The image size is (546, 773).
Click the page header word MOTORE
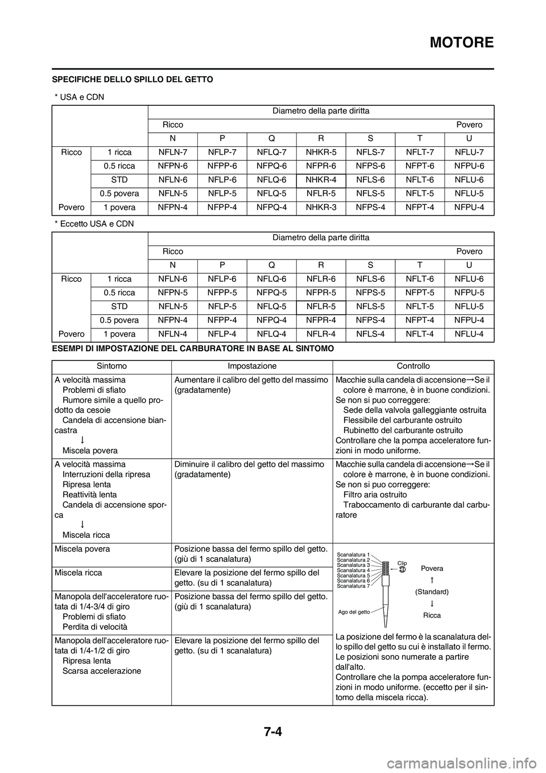coord(461,42)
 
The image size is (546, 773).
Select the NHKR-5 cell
coord(321,153)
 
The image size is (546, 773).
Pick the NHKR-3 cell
coord(321,207)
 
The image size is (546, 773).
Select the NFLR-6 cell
coord(321,279)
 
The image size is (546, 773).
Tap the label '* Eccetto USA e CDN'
coord(94,224)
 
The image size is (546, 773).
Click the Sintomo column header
coord(111,366)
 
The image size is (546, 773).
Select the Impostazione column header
coord(252,366)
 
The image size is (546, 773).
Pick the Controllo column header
coord(413,366)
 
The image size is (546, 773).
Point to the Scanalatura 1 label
coord(353,554)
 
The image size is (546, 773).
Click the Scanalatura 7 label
coord(353,586)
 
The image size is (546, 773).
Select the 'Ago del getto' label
coord(354,612)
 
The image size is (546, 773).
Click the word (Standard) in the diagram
coord(432,592)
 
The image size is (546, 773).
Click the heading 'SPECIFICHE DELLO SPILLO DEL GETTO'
coord(133,79)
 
